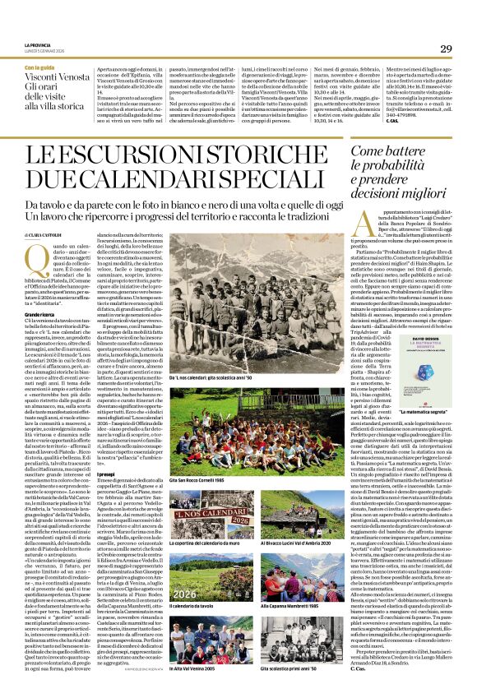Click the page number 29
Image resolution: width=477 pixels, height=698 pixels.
tap(445, 49)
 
